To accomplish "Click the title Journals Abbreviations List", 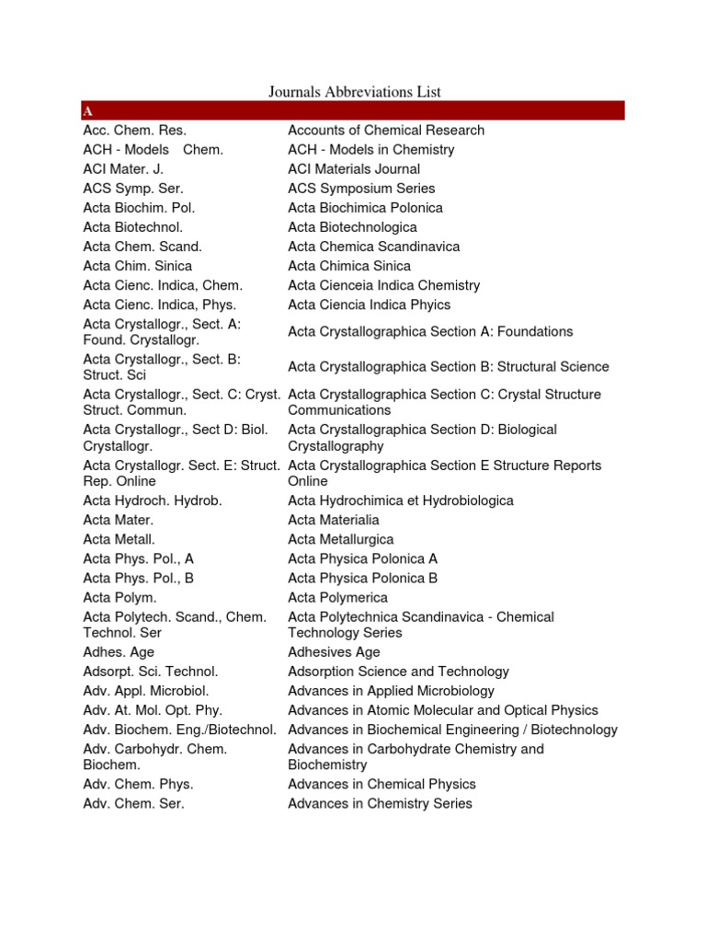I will point(355,91).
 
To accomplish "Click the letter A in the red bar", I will point(87,111).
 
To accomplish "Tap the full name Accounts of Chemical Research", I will point(386,130).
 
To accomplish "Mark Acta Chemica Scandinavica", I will point(374,246).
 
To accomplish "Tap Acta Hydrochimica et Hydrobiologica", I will point(401,500).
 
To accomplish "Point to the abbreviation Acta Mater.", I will point(118,520).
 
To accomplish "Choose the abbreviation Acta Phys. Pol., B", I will point(139,578).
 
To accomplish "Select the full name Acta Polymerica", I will point(338,597).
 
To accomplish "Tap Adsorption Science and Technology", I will point(398,672).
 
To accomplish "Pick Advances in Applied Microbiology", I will point(391,691).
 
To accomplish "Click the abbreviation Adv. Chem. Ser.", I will point(134,803).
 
